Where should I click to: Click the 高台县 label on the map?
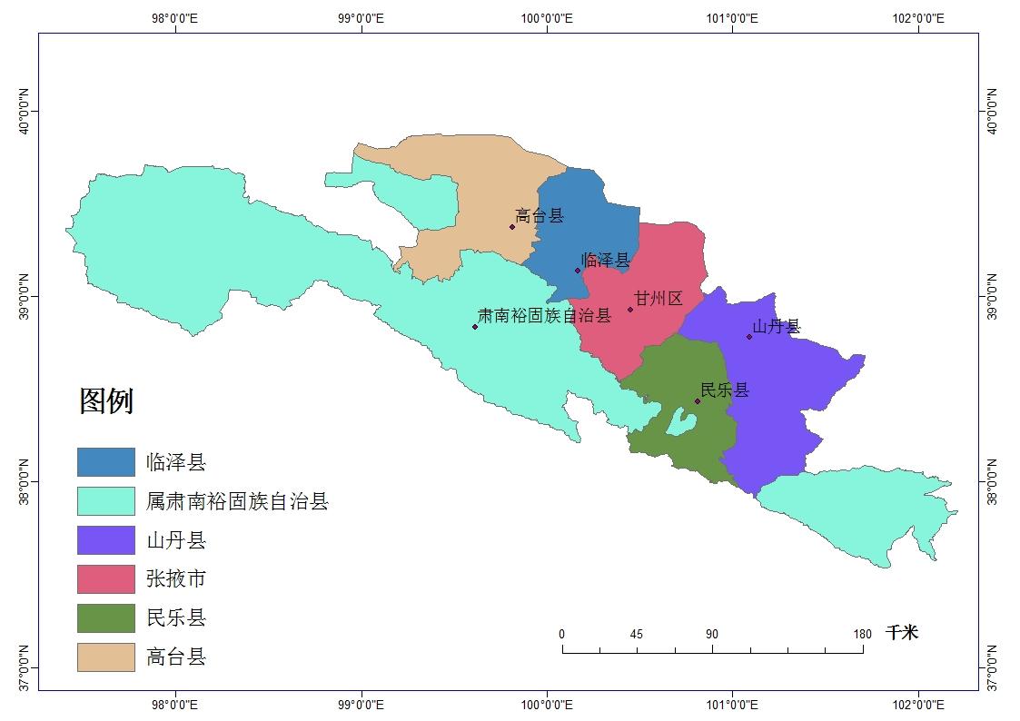click(540, 216)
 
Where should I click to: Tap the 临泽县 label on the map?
click(605, 261)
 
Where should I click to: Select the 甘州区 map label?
click(658, 299)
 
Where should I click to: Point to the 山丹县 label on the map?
click(777, 327)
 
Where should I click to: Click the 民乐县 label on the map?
click(725, 390)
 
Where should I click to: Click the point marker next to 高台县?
click(512, 226)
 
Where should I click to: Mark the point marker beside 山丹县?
click(749, 337)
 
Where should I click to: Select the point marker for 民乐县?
click(698, 400)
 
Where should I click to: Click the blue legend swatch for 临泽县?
click(105, 462)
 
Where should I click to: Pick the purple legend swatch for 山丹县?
click(105, 540)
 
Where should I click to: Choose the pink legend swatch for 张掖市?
click(105, 579)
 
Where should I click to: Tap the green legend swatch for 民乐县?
click(105, 618)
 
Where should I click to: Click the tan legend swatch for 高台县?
click(105, 657)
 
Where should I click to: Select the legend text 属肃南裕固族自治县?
click(237, 501)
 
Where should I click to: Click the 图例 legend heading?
click(106, 400)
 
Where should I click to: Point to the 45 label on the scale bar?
click(637, 634)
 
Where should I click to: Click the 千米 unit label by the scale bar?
click(902, 633)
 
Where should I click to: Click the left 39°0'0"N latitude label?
click(25, 295)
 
